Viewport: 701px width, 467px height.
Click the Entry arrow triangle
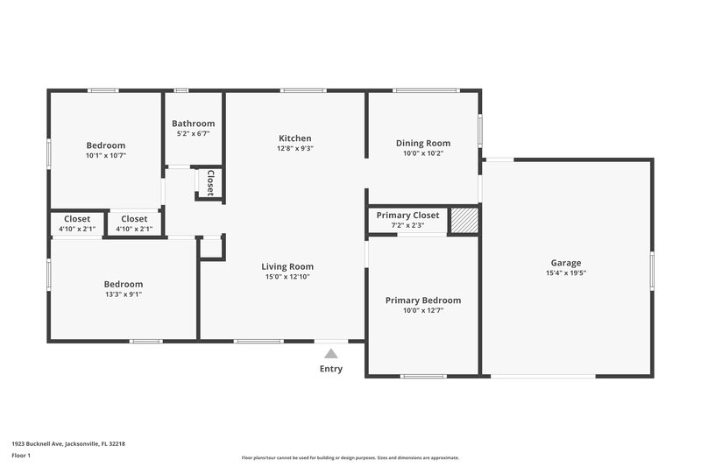(331, 353)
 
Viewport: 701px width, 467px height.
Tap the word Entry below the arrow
(331, 369)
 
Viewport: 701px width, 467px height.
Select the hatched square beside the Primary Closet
(464, 221)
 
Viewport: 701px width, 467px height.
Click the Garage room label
(565, 263)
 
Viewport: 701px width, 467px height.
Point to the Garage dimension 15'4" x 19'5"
(565, 273)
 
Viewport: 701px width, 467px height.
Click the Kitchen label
(294, 138)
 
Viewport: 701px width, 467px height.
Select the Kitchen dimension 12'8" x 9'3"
(294, 149)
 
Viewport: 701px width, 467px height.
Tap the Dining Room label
(423, 143)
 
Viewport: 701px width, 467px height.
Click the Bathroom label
(193, 124)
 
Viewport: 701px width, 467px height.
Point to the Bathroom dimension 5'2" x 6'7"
(193, 134)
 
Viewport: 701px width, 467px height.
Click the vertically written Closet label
(210, 182)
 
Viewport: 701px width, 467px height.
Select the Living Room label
(287, 266)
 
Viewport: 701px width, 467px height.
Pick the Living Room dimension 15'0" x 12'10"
(287, 277)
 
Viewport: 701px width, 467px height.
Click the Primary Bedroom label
(423, 301)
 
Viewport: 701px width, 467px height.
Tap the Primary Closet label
(407, 216)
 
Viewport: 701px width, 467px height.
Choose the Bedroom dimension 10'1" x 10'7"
(105, 156)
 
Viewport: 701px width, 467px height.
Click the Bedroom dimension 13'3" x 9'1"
(123, 294)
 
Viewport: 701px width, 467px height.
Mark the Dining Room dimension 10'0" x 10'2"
(423, 153)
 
